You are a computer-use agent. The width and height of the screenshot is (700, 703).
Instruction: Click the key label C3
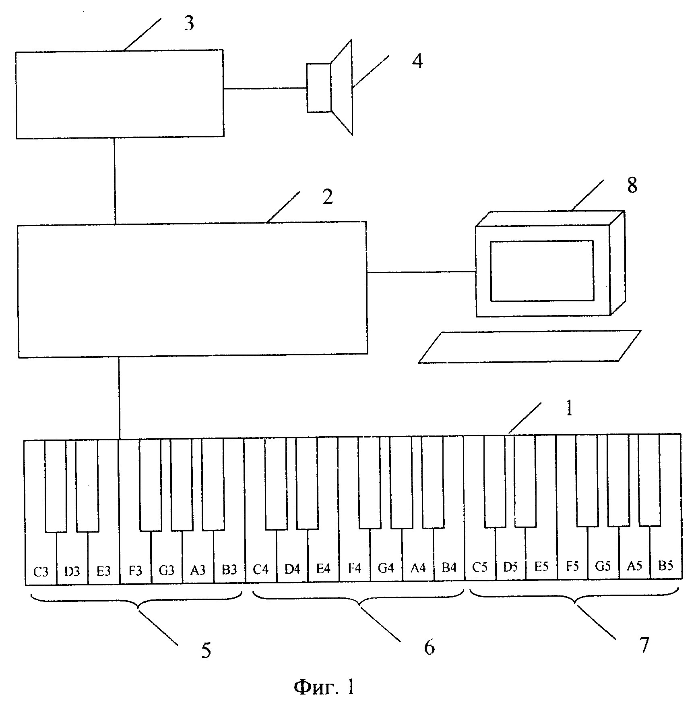[41, 571]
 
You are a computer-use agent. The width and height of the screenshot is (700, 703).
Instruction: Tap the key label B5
[665, 566]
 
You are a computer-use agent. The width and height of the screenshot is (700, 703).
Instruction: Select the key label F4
[355, 568]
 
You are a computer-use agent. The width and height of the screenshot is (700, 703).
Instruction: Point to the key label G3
[166, 570]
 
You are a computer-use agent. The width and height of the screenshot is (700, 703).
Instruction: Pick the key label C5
[479, 567]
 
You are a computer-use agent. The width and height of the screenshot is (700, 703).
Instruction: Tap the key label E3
[103, 571]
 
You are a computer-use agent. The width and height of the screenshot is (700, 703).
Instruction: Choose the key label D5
[510, 567]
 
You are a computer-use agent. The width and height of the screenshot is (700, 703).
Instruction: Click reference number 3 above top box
[189, 24]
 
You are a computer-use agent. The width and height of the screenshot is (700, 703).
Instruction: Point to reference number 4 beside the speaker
[417, 62]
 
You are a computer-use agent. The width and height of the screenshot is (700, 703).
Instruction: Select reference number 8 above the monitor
[632, 186]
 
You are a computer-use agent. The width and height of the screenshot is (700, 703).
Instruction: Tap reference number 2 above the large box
[327, 197]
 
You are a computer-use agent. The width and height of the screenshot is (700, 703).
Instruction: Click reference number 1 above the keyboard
[569, 409]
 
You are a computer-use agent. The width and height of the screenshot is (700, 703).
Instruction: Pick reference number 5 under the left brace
[206, 651]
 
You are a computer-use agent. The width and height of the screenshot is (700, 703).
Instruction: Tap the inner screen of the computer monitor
[542, 271]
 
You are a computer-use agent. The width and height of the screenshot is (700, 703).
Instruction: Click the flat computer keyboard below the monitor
[529, 347]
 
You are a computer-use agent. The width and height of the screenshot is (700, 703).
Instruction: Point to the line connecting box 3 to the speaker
[265, 88]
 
